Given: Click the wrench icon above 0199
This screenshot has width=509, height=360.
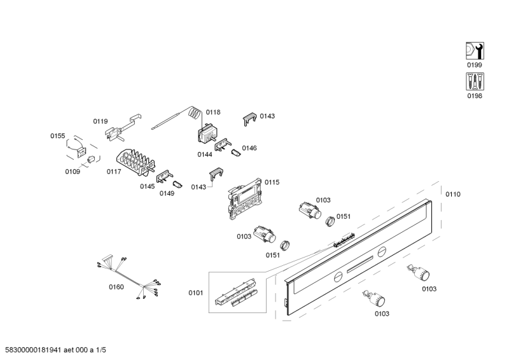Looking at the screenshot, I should [x=475, y=51].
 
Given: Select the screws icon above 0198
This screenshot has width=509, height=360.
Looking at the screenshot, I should [x=475, y=82].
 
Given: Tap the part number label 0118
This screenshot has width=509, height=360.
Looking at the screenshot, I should [x=213, y=112].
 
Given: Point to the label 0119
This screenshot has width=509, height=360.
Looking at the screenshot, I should [x=101, y=121].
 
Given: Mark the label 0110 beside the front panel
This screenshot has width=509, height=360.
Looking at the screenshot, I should [x=452, y=194].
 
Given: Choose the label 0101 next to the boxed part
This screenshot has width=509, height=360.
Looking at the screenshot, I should [x=195, y=293].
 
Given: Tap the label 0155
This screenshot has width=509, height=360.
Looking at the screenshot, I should [x=58, y=135].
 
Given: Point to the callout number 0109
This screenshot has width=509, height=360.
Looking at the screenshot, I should [x=73, y=171].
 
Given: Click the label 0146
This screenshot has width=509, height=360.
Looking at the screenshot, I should [x=249, y=148].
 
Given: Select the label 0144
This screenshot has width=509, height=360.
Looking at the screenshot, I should [x=204, y=154].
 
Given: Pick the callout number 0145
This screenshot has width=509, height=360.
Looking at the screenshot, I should [x=148, y=186].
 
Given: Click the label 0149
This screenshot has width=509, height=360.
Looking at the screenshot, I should [x=167, y=193].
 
